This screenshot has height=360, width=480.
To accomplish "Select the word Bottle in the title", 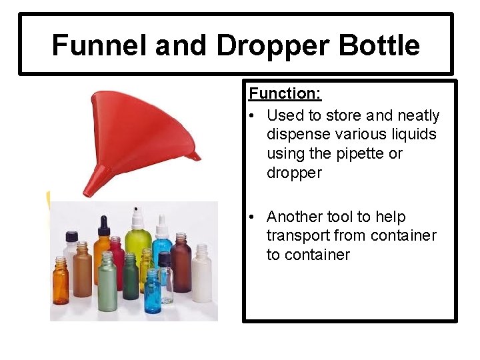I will pyautogui.click(x=379, y=45).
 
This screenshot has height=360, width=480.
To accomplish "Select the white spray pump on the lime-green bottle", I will pyautogui.click(x=138, y=216).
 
